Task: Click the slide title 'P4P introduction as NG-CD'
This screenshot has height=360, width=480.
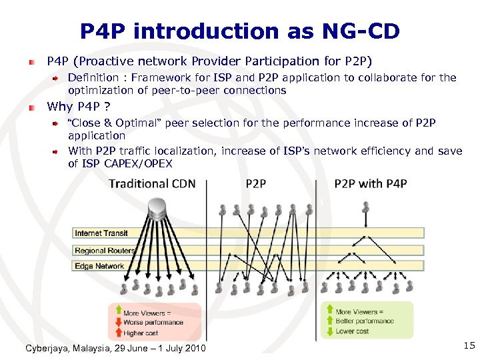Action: pos(239,31)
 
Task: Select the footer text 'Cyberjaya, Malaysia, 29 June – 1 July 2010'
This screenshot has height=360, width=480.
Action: pos(115,349)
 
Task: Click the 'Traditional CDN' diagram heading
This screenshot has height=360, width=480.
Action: pos(153,184)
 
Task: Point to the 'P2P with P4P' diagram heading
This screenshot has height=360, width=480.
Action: pos(371,184)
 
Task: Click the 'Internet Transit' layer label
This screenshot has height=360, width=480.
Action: pos(101,233)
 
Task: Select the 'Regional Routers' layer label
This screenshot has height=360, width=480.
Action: pos(105,251)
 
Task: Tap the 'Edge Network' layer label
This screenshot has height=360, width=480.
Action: pos(99,266)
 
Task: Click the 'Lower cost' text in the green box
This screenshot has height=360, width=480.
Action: pos(352,331)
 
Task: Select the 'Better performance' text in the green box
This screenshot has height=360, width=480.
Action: pos(365,321)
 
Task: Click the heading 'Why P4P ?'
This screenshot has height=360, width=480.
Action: pos(78,107)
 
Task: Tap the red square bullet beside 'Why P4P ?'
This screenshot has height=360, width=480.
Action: pos(31,107)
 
